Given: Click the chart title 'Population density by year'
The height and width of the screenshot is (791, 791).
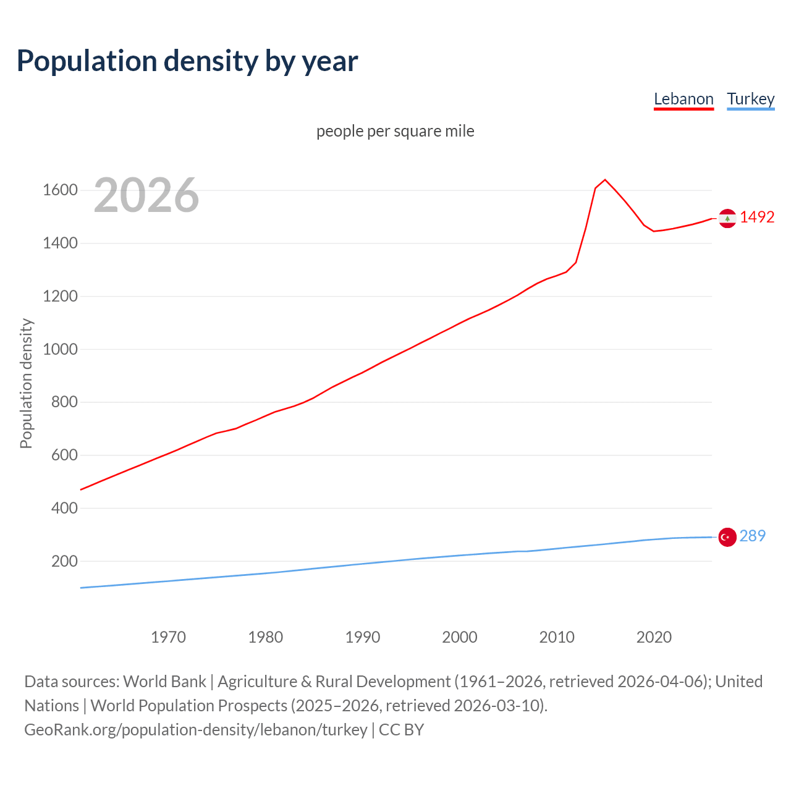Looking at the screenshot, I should (x=187, y=61).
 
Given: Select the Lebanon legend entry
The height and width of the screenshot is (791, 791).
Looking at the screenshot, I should (x=683, y=99).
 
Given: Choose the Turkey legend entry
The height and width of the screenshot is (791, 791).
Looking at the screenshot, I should (x=750, y=99).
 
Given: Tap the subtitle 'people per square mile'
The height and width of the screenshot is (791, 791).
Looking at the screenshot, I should (x=395, y=131).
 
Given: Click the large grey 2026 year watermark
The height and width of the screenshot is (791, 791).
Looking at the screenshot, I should (x=146, y=195).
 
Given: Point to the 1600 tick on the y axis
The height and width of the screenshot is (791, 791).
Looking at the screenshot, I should (x=60, y=190).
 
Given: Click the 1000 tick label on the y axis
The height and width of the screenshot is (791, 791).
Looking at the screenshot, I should (x=60, y=349).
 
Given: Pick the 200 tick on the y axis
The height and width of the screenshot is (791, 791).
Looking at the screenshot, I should (x=64, y=561).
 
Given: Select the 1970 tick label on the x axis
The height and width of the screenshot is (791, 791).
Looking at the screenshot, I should (x=168, y=637).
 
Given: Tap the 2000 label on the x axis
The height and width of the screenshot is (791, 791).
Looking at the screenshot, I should (x=459, y=637).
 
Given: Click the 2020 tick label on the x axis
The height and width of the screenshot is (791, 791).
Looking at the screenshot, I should (x=654, y=637).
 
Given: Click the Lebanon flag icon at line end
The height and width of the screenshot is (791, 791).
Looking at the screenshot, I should (x=727, y=218).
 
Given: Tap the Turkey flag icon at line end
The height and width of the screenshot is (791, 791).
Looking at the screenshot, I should (x=727, y=537).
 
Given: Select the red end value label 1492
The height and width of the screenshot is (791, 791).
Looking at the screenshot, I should (x=757, y=217).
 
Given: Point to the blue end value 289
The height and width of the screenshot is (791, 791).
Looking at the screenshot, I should (x=752, y=536).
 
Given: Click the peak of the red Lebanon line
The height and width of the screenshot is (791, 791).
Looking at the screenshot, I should (x=605, y=180).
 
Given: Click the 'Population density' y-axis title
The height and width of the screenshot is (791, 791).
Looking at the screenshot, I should (x=26, y=383).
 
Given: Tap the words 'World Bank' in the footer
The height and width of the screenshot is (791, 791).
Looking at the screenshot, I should (x=164, y=682).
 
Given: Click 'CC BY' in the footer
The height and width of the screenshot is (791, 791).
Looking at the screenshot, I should (x=401, y=730).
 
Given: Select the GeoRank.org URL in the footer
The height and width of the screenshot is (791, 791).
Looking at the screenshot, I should (x=195, y=730).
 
